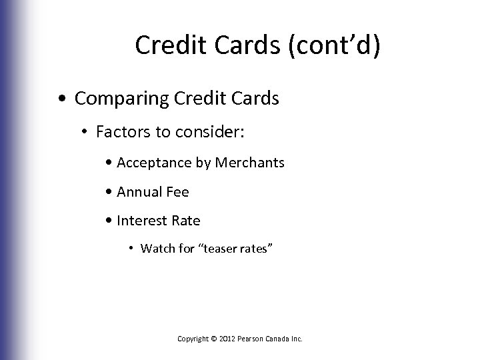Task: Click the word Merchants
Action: [251, 163]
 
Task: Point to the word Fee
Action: [177, 192]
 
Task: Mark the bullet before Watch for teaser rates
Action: [133, 249]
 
